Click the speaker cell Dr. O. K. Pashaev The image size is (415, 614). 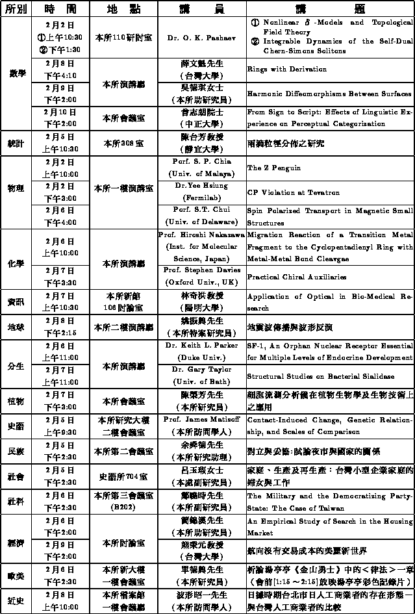[201, 38]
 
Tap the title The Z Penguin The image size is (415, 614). [265, 168]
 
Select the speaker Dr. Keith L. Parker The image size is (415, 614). [201, 346]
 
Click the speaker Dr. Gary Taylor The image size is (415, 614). [201, 370]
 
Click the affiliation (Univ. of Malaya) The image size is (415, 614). [201, 175]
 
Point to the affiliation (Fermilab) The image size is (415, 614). [201, 194]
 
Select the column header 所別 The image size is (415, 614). [16, 9]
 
